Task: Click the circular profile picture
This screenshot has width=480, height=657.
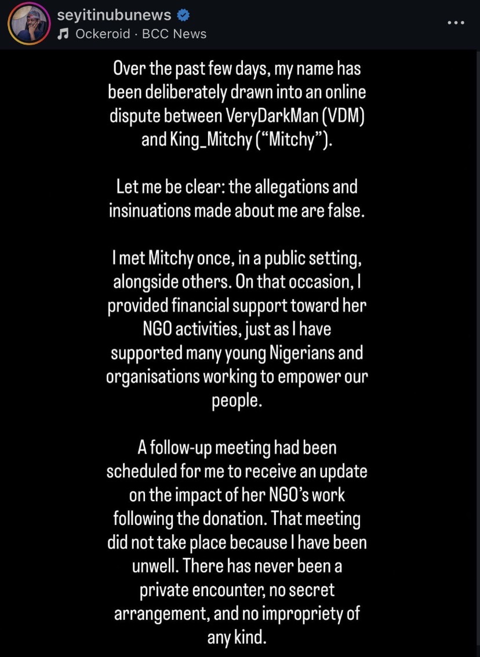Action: (x=28, y=24)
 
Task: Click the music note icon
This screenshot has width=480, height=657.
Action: (x=63, y=34)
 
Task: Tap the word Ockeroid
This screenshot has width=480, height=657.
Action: (x=103, y=34)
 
